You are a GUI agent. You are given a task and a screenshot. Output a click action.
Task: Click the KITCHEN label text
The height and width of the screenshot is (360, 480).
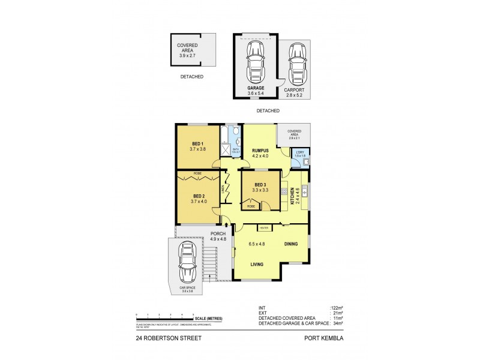pyautogui.click(x=293, y=196)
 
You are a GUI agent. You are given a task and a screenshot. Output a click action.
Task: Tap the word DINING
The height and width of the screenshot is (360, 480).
pyautogui.click(x=292, y=244)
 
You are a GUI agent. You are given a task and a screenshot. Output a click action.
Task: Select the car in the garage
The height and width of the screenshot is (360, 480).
pyautogui.click(x=256, y=62)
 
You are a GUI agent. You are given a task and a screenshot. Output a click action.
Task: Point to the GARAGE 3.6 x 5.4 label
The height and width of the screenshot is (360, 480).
pyautogui.click(x=256, y=91)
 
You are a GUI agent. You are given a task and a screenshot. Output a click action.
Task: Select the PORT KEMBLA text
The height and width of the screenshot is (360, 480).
pyautogui.click(x=326, y=338)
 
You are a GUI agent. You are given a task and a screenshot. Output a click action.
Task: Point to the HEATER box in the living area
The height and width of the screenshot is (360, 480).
pyautogui.click(x=263, y=227)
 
